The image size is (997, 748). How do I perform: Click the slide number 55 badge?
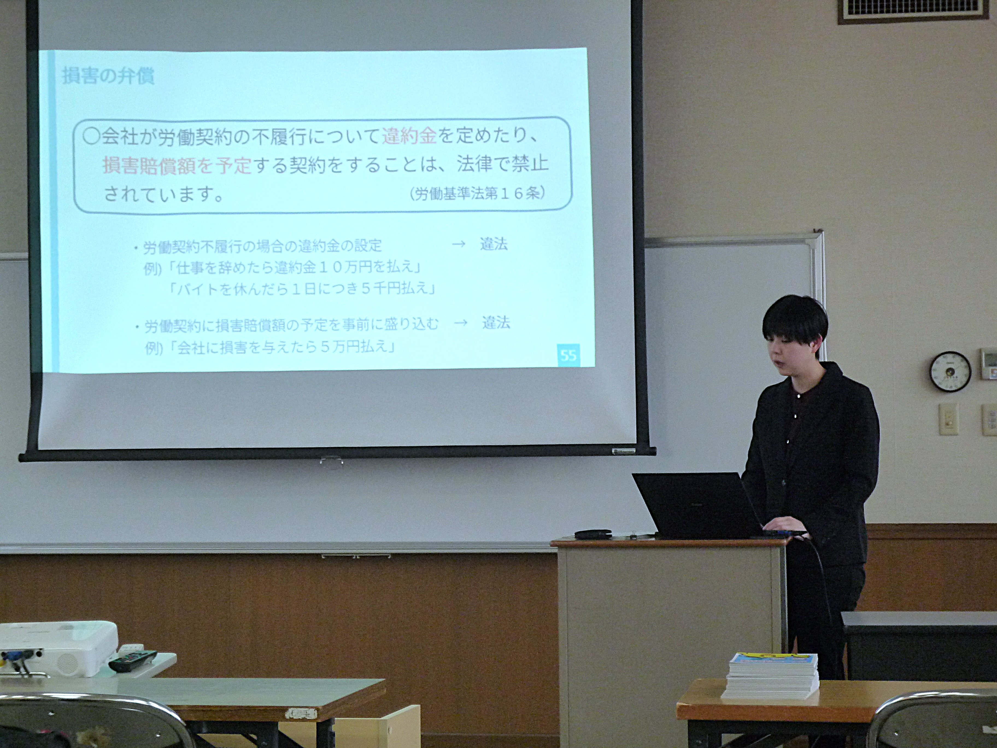pos(568,355)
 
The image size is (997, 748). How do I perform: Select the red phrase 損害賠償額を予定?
pos(177,165)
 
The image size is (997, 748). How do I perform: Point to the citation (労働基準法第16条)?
pos(477,194)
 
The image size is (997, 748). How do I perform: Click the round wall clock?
pos(950,372)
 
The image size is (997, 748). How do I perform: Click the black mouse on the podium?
pos(593,534)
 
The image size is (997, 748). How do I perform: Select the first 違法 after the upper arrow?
pos(494,244)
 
